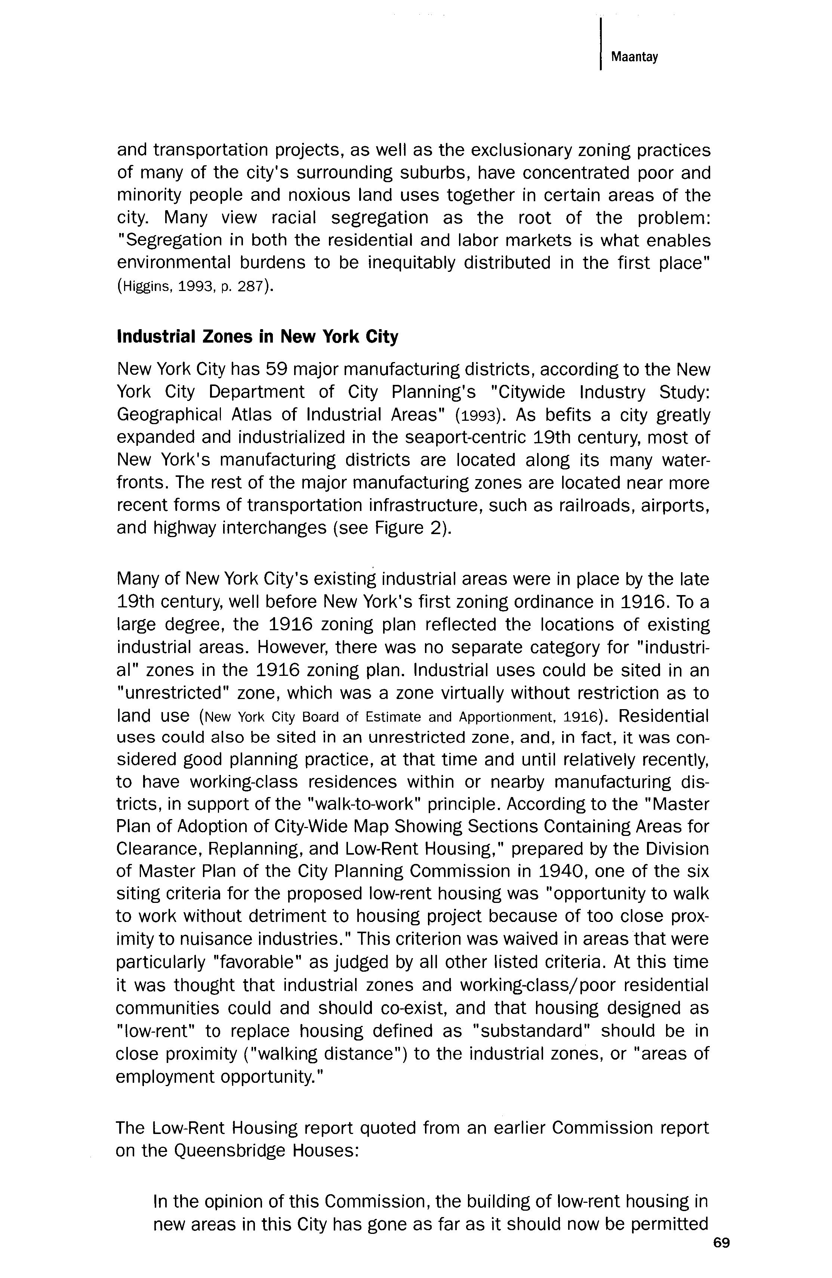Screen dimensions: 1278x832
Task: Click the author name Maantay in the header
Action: pos(634,57)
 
